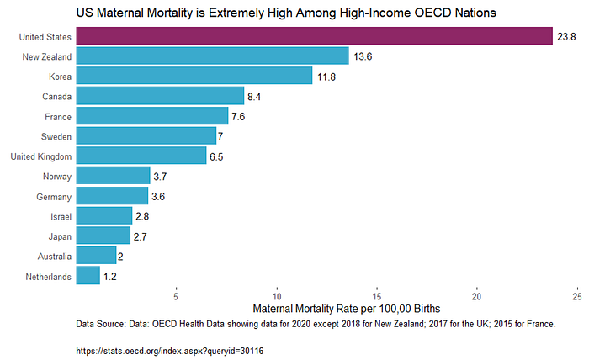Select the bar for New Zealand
pos(212,56)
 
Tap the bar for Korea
pos(194,76)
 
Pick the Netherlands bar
pos(88,275)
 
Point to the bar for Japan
pos(103,236)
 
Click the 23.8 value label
pos(565,36)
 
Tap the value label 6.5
pos(217,156)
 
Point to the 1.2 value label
pos(110,276)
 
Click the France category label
pos(56,116)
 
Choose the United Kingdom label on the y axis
pos(40,156)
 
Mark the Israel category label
pos(58,216)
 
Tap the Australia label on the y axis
pos(51,256)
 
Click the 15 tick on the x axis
pos(377,296)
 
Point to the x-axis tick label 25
pos(577,296)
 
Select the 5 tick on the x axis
pos(176,296)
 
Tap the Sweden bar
pos(146,135)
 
